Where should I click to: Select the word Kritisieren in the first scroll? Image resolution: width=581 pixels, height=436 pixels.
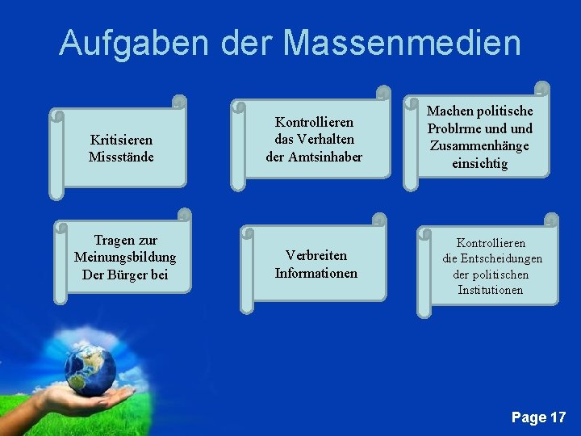tap(121, 140)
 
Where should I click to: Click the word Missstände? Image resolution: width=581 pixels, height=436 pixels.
tap(121, 156)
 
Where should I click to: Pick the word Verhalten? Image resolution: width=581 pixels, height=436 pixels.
tap(326, 139)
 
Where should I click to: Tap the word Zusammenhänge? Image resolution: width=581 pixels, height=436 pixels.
tap(479, 146)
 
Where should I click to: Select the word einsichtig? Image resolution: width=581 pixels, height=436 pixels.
tap(479, 164)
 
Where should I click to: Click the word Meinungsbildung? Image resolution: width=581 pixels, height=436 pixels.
tap(125, 258)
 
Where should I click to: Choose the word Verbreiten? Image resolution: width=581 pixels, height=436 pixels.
tap(316, 256)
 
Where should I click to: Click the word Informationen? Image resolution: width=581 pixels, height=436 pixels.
tap(316, 273)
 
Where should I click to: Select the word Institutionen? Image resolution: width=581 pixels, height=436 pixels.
tap(491, 290)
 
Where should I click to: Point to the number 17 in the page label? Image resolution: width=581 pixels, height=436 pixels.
tap(558, 417)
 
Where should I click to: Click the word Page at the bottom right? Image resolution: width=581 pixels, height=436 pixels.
tap(529, 417)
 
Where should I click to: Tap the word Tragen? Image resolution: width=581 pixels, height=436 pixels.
tap(115, 241)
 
